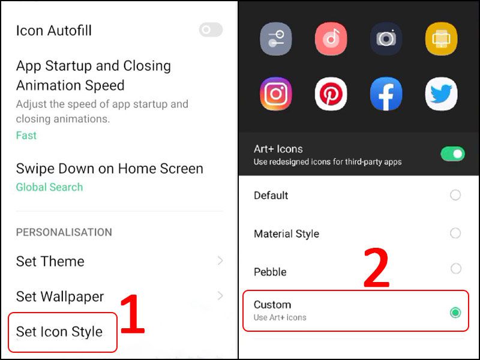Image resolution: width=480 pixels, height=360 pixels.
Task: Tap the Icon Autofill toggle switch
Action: pos(211,30)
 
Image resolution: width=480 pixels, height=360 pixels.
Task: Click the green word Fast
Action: pos(26,136)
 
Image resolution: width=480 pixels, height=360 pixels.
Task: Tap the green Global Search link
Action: pos(49,187)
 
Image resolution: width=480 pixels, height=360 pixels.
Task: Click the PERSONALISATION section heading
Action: pos(64,232)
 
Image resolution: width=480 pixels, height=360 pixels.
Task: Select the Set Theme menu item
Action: pos(50,262)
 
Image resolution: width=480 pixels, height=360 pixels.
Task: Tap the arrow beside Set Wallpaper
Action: pos(220,296)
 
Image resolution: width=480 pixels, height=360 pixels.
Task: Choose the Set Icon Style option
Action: pos(59,332)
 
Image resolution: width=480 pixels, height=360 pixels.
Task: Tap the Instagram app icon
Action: pos(276,94)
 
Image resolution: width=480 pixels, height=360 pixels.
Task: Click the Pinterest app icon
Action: pos(331,94)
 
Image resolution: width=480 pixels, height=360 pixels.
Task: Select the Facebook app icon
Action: pos(386,94)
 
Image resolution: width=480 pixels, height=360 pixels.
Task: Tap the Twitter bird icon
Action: pos(442,94)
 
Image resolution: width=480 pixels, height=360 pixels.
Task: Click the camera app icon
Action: pos(386,38)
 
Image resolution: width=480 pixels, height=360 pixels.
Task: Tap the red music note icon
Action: pos(331,38)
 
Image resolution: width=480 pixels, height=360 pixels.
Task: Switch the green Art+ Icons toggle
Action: pos(452,154)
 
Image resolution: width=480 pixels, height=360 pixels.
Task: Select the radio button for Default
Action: pos(455,195)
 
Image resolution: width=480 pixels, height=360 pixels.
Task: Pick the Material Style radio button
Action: pos(455,233)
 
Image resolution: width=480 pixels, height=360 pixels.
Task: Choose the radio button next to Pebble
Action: pos(455,269)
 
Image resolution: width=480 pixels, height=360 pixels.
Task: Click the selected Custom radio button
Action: pos(455,312)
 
